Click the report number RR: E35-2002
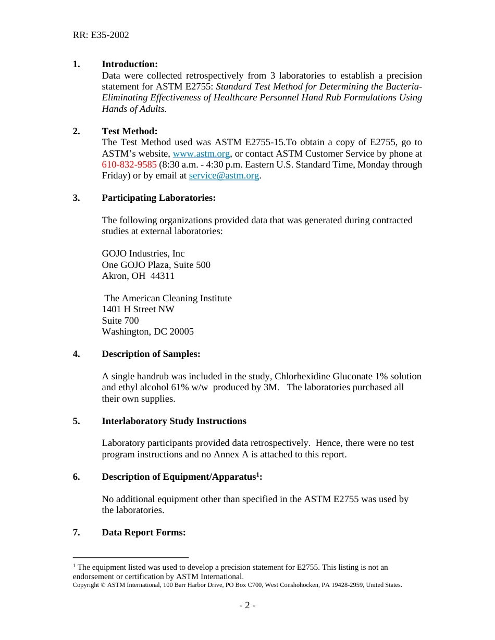pyautogui.click(x=101, y=35)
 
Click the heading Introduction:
pyautogui.click(x=129, y=64)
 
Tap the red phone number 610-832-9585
pyautogui.click(x=129, y=165)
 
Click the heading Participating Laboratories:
pyautogui.click(x=158, y=198)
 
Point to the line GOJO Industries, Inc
pyautogui.click(x=143, y=254)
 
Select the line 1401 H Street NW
pyautogui.click(x=138, y=310)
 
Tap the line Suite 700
pyautogui.click(x=120, y=321)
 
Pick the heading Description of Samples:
pyautogui.click(x=151, y=354)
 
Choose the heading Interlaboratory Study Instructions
pyautogui.click(x=174, y=421)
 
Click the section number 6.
pyautogui.click(x=76, y=477)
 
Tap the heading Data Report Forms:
pyautogui.click(x=143, y=533)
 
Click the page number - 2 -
pyautogui.click(x=247, y=606)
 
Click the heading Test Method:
pyautogui.click(x=129, y=131)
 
